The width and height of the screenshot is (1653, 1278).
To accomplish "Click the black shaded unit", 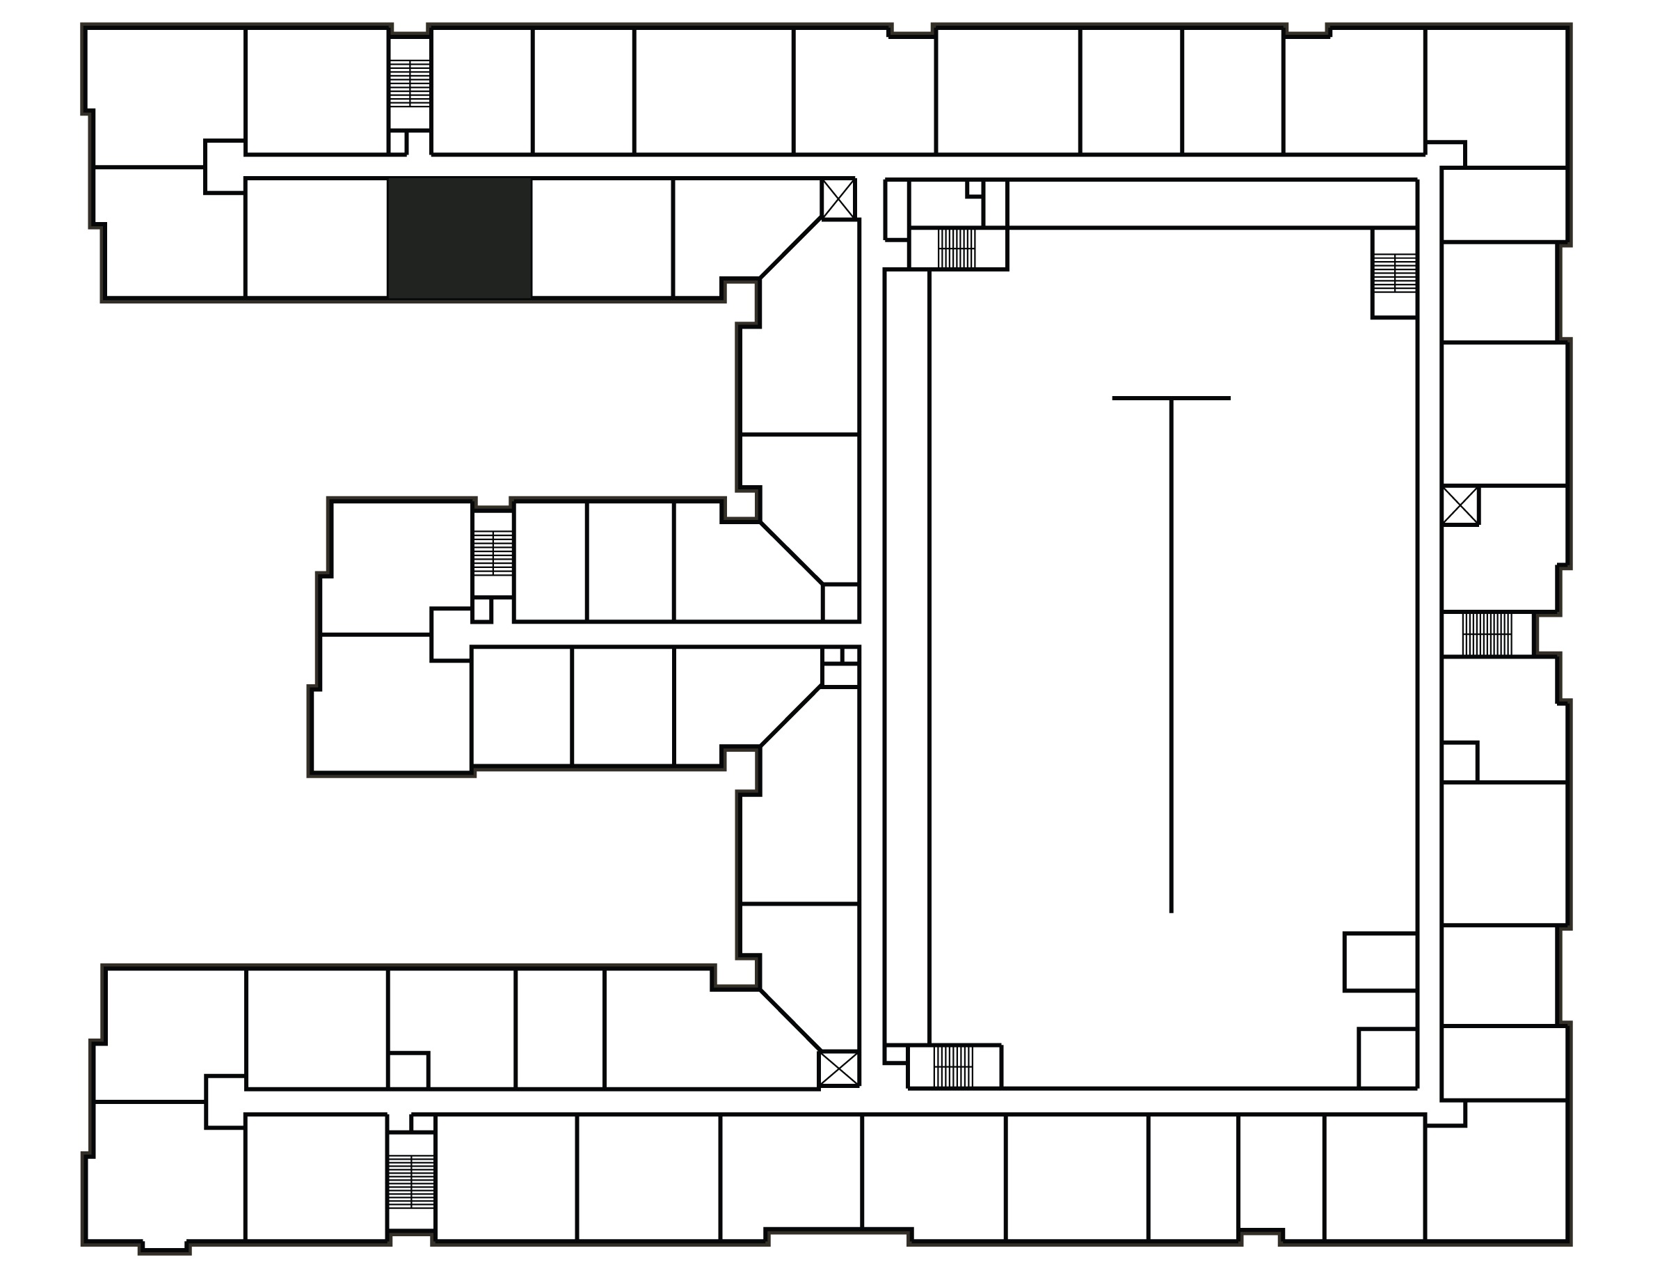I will [459, 238].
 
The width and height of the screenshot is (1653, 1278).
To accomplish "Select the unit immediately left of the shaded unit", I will [317, 238].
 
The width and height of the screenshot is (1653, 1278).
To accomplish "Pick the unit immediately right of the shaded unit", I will [602, 238].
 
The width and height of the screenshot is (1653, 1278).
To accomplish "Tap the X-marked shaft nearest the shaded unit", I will [838, 199].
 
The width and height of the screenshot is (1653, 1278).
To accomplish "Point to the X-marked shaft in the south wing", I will [838, 1068].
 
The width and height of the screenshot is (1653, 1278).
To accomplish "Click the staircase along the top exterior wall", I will [410, 84].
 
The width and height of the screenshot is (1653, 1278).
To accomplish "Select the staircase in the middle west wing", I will [493, 553].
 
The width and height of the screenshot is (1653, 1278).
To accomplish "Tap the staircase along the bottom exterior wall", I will [410, 1181].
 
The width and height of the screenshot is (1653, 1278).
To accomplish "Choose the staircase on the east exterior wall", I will [1487, 634].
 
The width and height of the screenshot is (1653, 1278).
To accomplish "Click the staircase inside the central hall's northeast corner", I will [1394, 274].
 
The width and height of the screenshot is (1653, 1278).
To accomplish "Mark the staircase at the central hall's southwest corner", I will [953, 1066].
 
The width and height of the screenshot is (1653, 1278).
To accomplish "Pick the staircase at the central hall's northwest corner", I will [957, 248].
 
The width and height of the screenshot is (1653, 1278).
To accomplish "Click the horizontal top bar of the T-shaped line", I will [1171, 398].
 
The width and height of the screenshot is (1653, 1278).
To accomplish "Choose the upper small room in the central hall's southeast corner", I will [1380, 961].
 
